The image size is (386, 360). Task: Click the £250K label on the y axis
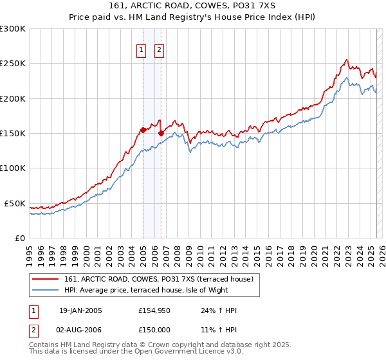(x=13, y=64)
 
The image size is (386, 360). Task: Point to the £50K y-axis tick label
(x=15, y=203)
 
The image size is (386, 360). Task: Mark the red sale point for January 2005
(x=143, y=130)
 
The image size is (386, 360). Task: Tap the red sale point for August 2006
(x=161, y=133)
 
